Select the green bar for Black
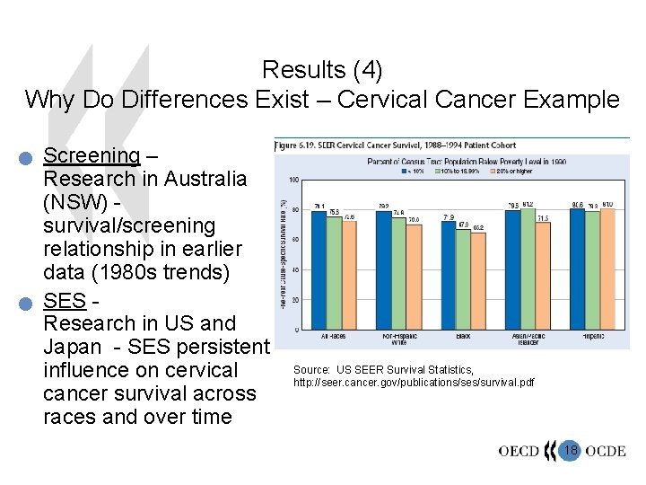(464, 280)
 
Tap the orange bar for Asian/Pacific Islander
(543, 275)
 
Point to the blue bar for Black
(448, 275)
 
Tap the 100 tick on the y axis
(293, 180)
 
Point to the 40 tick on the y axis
(294, 269)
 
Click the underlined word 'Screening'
(92, 155)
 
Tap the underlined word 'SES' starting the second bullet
(64, 299)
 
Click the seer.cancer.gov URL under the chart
(414, 383)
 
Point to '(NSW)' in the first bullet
(78, 202)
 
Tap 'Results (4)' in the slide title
(322, 69)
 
